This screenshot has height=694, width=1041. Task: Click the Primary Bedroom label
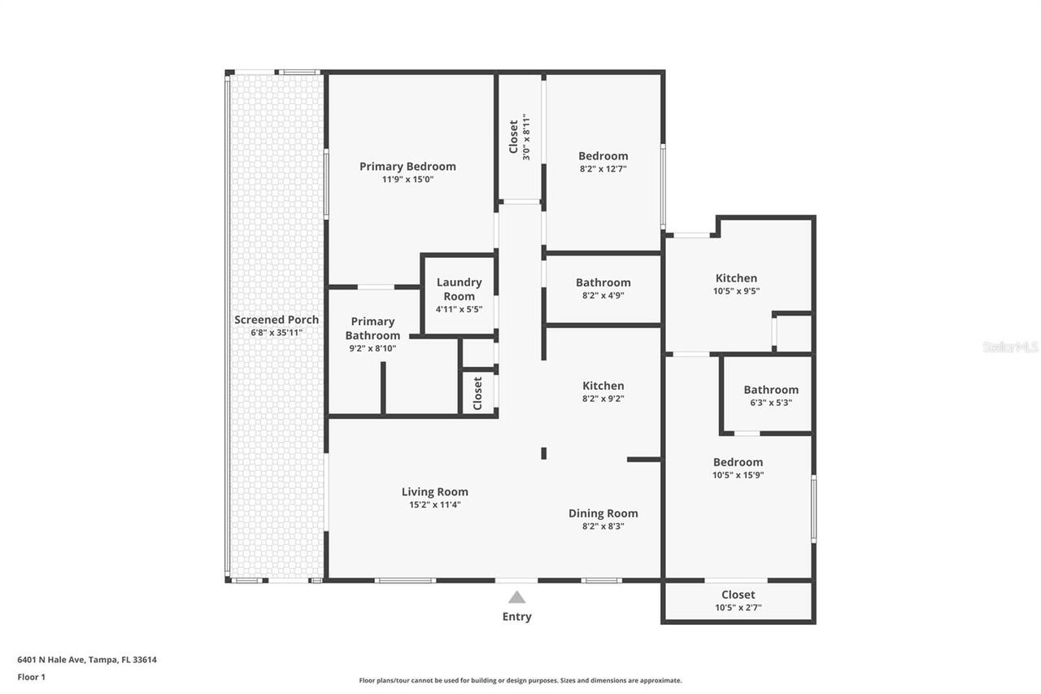(x=407, y=166)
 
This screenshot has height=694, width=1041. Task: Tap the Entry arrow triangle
(x=516, y=597)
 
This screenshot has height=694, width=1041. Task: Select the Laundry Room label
(x=459, y=289)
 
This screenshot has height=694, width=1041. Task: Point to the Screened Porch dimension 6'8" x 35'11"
(x=277, y=333)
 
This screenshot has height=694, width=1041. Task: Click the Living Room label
(x=435, y=491)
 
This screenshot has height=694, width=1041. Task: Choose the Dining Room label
(x=603, y=513)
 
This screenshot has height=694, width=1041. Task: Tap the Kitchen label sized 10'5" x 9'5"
(x=736, y=278)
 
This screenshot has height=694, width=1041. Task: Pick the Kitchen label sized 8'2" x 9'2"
(x=603, y=386)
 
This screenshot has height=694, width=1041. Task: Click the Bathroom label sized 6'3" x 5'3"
(x=770, y=390)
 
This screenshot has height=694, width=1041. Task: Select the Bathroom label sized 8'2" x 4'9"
(x=603, y=282)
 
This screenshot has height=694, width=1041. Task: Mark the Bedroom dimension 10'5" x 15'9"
(x=738, y=475)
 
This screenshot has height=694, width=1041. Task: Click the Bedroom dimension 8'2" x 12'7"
(x=603, y=169)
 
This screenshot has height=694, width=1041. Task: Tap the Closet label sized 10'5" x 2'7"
(x=738, y=595)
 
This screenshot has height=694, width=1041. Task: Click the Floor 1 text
(x=32, y=676)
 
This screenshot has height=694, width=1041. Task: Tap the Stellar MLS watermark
(x=1010, y=347)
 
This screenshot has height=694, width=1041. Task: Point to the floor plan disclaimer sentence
(x=520, y=680)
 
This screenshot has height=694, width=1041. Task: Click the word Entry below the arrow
(x=516, y=617)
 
